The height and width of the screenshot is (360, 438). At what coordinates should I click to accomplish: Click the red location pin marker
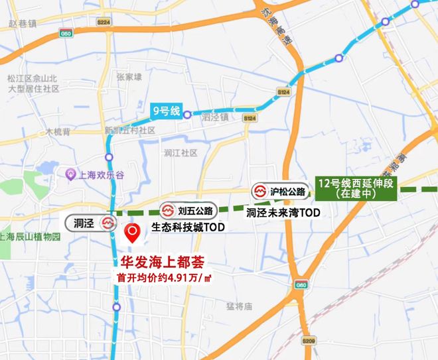[x=132, y=233]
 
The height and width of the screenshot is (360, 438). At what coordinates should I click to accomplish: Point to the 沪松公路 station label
[x=281, y=192]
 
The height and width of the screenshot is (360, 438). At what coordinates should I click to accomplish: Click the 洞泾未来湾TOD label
[x=283, y=213]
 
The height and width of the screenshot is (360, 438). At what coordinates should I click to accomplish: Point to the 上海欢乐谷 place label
[x=101, y=175]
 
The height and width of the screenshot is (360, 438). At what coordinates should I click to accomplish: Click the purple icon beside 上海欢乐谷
[x=70, y=175]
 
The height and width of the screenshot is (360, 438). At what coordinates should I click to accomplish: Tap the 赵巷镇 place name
[x=23, y=23]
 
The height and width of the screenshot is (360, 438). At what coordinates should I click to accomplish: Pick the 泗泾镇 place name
[x=215, y=117]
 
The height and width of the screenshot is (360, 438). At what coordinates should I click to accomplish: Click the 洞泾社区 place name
[x=181, y=153]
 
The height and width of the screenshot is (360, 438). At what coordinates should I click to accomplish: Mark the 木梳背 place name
[x=58, y=132]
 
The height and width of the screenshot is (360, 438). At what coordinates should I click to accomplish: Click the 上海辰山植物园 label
[x=31, y=236]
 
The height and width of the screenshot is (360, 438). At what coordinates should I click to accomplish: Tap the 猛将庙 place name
[x=240, y=306]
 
